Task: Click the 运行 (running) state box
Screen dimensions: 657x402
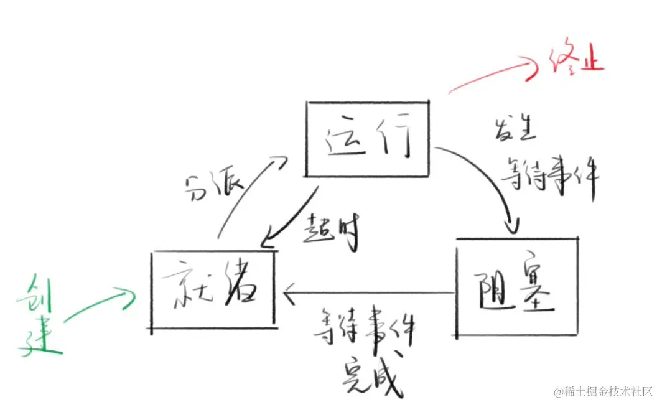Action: pos(367,138)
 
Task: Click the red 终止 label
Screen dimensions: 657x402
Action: pos(576,61)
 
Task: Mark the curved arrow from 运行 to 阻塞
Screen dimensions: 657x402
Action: pos(492,180)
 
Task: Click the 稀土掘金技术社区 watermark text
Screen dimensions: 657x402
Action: pos(603,391)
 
